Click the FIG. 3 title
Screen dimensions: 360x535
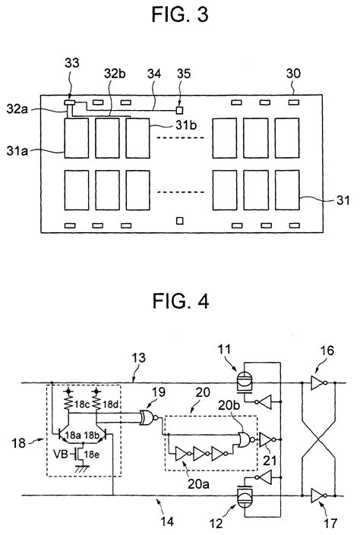point(180,14)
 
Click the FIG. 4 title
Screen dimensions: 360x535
point(180,301)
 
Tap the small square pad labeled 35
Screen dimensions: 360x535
point(180,110)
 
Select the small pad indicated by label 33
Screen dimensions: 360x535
point(70,102)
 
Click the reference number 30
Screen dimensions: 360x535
point(293,74)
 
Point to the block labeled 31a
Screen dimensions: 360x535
point(77,138)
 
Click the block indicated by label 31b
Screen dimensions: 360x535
point(137,138)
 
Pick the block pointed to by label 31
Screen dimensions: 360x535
point(287,190)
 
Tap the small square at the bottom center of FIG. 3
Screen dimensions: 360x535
point(180,221)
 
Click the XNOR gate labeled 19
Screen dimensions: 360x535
point(148,417)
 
